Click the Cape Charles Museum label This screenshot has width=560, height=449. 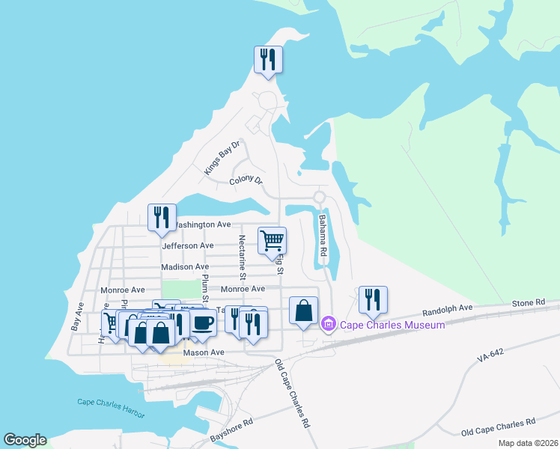(392, 325)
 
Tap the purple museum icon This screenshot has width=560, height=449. (327, 325)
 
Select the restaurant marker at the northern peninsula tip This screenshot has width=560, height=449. (269, 60)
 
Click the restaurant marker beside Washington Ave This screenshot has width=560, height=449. (162, 218)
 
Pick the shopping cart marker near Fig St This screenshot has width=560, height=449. (272, 241)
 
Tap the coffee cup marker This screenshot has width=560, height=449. (202, 322)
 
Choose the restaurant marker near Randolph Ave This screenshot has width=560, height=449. (372, 300)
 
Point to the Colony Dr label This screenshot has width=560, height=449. (246, 180)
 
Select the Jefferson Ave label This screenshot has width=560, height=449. (187, 245)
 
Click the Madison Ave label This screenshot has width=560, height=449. (185, 266)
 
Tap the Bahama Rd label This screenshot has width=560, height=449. (323, 236)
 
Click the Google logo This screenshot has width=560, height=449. (25, 440)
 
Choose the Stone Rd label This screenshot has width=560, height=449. (529, 303)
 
